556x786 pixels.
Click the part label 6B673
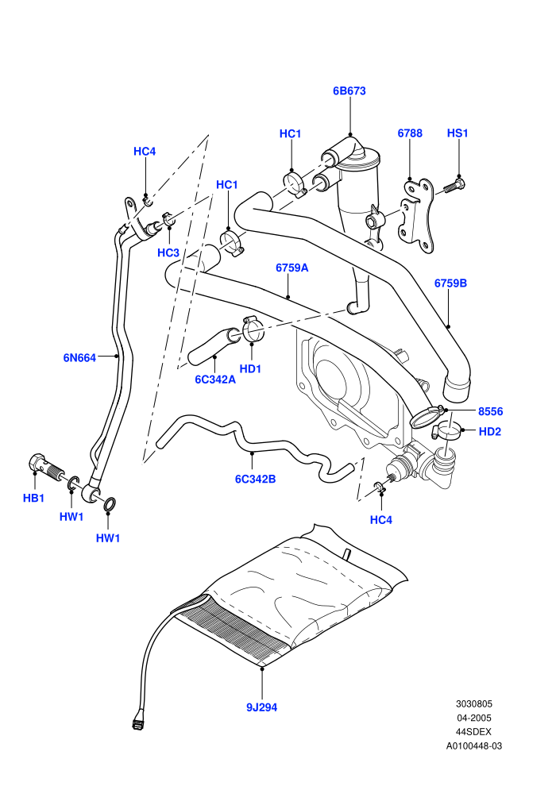(x=349, y=91)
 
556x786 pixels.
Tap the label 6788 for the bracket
(x=410, y=133)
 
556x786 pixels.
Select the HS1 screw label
(x=458, y=133)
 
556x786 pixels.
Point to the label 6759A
(x=292, y=268)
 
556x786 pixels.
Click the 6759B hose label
(x=450, y=283)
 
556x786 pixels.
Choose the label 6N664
(x=79, y=357)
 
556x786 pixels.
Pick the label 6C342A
(x=215, y=380)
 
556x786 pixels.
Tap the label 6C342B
(x=255, y=479)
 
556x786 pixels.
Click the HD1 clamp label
(x=250, y=369)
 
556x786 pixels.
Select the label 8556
(x=490, y=411)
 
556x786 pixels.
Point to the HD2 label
(x=490, y=432)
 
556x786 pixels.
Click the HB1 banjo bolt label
(x=33, y=498)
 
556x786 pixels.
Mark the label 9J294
(x=261, y=707)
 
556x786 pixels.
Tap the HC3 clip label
(x=168, y=252)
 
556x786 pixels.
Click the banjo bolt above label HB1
(x=47, y=467)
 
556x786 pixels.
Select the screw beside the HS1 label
(x=455, y=186)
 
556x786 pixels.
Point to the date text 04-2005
(x=473, y=718)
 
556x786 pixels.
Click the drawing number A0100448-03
(x=473, y=746)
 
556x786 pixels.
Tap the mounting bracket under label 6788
(x=417, y=215)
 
